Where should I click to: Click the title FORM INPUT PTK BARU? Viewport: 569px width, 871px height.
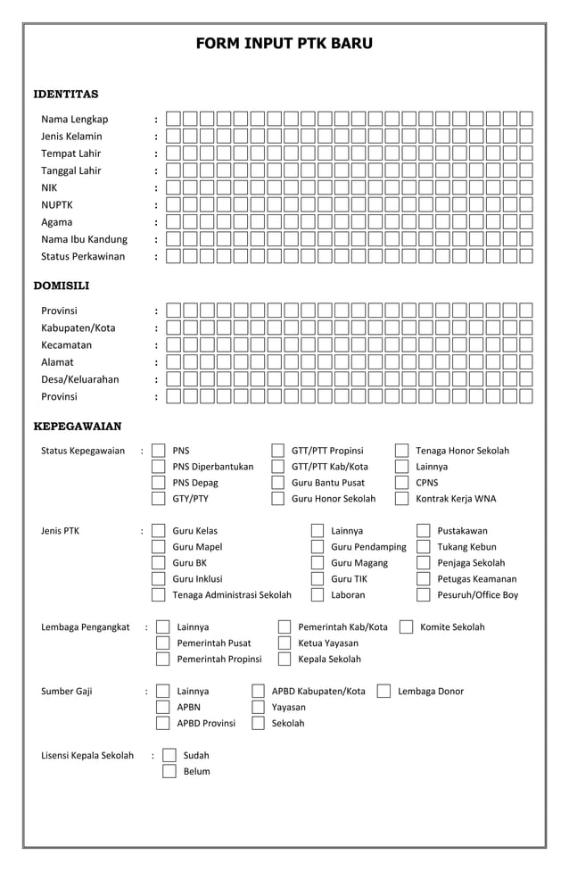pyautogui.click(x=284, y=43)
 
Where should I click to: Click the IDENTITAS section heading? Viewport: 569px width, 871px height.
pyautogui.click(x=66, y=94)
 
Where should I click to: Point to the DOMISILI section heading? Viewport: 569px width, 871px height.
pyautogui.click(x=62, y=286)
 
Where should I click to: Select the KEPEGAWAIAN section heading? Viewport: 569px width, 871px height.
pyautogui.click(x=78, y=426)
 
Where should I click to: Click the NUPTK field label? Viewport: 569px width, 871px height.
pyautogui.click(x=57, y=204)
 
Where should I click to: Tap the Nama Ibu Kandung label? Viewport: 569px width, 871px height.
pyautogui.click(x=84, y=239)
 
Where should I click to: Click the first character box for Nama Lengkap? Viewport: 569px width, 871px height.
pyautogui.click(x=173, y=119)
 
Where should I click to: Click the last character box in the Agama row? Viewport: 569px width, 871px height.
pyautogui.click(x=526, y=222)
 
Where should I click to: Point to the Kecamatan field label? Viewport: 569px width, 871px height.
pyautogui.click(x=66, y=344)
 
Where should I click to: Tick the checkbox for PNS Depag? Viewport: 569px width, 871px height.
pyautogui.click(x=159, y=483)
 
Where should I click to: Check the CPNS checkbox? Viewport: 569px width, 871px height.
pyautogui.click(x=401, y=483)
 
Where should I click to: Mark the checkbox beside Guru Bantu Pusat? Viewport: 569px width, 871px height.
pyautogui.click(x=278, y=483)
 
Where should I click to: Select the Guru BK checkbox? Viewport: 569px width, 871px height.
pyautogui.click(x=159, y=563)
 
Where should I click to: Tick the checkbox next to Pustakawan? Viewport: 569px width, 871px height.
pyautogui.click(x=424, y=531)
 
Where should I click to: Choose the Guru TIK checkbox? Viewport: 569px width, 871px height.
pyautogui.click(x=317, y=579)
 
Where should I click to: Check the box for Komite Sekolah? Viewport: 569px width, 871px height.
pyautogui.click(x=406, y=627)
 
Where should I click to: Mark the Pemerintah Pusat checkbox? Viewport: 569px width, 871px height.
pyautogui.click(x=162, y=643)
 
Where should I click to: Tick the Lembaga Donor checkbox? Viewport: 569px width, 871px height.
pyautogui.click(x=383, y=691)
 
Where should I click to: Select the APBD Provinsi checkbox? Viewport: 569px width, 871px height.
pyautogui.click(x=162, y=723)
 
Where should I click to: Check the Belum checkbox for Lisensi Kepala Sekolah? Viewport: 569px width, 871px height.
pyautogui.click(x=169, y=771)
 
